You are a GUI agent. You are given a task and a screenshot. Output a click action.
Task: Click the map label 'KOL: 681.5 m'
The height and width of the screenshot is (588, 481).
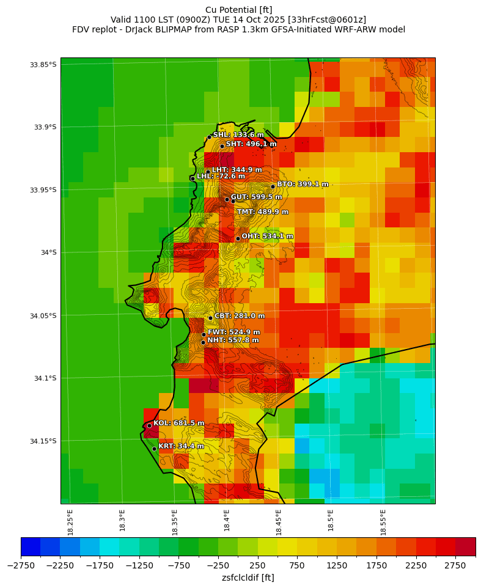pyautogui.click(x=178, y=423)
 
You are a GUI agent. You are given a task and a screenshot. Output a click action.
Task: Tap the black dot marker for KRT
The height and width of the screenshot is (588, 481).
pyautogui.click(x=154, y=449)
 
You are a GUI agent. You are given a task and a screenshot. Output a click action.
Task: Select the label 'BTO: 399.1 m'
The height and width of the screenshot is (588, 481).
pyautogui.click(x=303, y=184)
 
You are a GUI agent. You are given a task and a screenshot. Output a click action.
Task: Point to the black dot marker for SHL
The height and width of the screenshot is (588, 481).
pyautogui.click(x=209, y=137)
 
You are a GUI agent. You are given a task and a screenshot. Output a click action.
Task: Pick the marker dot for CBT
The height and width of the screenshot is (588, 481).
pyautogui.click(x=210, y=318)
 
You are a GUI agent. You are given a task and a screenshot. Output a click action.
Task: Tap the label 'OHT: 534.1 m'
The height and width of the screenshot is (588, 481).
pyautogui.click(x=267, y=236)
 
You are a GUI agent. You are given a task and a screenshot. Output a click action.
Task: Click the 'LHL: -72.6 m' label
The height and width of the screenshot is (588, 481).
pyautogui.click(x=221, y=176)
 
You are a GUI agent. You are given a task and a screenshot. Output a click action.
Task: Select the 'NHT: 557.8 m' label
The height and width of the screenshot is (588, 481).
pyautogui.click(x=233, y=340)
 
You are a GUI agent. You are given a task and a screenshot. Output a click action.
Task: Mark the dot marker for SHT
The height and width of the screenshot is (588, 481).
pyautogui.click(x=222, y=146)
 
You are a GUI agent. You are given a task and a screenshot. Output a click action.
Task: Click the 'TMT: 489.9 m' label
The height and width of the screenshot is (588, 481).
pyautogui.click(x=262, y=211)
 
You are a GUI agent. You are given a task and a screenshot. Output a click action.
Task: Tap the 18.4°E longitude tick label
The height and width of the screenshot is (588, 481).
pyautogui.click(x=227, y=522)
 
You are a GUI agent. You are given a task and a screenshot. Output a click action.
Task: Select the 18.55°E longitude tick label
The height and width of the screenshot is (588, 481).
pyautogui.click(x=383, y=522)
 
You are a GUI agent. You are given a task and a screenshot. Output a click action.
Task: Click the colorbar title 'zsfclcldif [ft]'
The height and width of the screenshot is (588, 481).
pyautogui.click(x=248, y=578)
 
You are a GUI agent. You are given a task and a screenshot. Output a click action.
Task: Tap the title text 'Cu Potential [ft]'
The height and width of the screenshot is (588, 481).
pyautogui.click(x=239, y=10)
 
